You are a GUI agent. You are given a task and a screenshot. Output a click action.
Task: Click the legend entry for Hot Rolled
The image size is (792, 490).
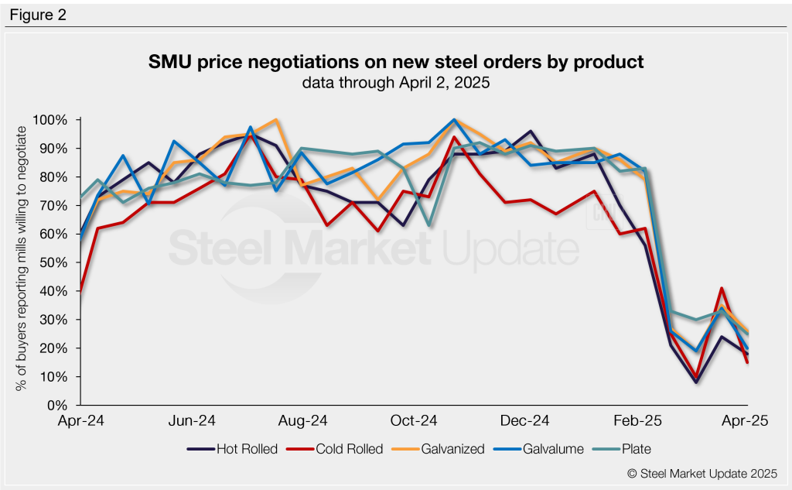[232, 448]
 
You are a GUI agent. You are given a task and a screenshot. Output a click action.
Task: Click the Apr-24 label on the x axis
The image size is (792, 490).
[82, 421]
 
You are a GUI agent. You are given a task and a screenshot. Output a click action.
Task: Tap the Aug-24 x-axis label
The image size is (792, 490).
[304, 421]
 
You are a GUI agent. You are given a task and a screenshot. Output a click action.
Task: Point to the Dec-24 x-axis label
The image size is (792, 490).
[526, 421]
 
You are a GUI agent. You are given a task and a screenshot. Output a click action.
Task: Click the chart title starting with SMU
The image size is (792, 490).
[395, 61]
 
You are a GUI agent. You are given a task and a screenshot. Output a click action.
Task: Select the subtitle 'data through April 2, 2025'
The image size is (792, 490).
[395, 82]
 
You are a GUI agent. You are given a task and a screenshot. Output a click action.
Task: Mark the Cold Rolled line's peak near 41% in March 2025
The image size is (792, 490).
[722, 289]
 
